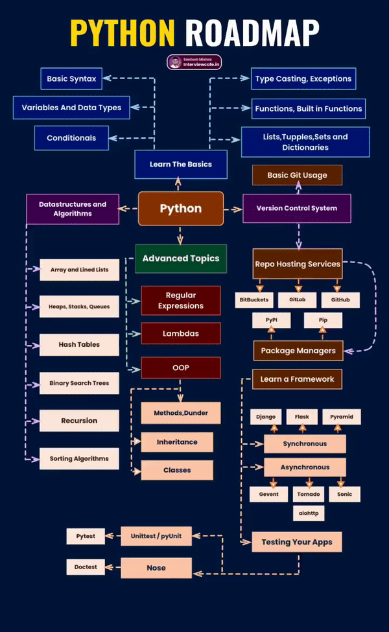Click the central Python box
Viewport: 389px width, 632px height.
tap(181, 209)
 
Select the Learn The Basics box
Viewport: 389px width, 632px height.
tap(181, 165)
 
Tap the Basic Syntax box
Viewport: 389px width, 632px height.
tap(71, 79)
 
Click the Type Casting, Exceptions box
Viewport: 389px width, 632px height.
tap(303, 79)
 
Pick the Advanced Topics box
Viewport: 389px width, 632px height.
tap(181, 259)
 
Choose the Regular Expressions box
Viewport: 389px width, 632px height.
tap(180, 301)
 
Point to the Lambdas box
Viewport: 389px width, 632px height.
tap(180, 334)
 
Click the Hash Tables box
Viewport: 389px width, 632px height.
tap(79, 345)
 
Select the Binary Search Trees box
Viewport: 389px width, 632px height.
tap(79, 383)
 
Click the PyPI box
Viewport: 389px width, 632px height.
tap(271, 320)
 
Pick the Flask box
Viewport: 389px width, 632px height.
tap(301, 417)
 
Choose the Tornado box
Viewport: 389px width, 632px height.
tap(309, 494)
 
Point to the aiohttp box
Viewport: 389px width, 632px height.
tap(309, 513)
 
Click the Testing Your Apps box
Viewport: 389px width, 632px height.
tap(297, 542)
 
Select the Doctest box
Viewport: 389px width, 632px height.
tap(86, 567)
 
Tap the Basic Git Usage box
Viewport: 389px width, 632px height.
tap(297, 175)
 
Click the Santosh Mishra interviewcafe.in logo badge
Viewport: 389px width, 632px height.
tap(194, 62)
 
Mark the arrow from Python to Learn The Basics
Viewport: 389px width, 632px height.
tap(181, 185)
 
